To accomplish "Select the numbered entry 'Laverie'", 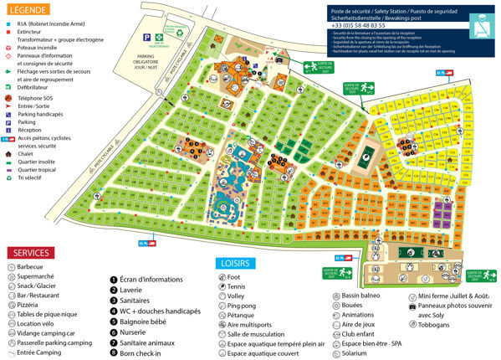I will (x=130, y=291).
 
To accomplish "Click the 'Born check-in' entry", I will (x=139, y=352).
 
